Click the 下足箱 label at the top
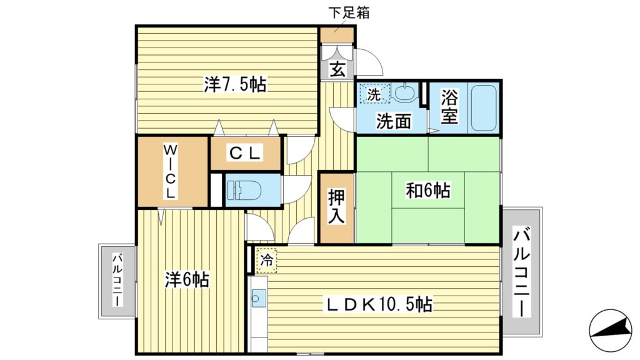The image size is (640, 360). [x=349, y=12]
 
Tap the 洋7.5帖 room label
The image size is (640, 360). [x=235, y=85]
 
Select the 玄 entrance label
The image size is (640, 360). [x=337, y=69]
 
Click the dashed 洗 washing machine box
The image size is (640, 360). [x=374, y=94]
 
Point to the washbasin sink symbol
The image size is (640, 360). [x=406, y=94]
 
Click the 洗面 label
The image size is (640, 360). [x=393, y=121]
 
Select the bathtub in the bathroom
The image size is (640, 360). [x=482, y=107]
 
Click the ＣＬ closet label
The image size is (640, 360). [x=245, y=152]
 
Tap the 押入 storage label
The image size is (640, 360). [x=337, y=207]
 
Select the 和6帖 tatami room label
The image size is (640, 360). [x=428, y=190]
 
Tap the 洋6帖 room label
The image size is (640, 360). [x=187, y=279]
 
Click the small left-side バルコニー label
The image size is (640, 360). [x=116, y=279]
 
